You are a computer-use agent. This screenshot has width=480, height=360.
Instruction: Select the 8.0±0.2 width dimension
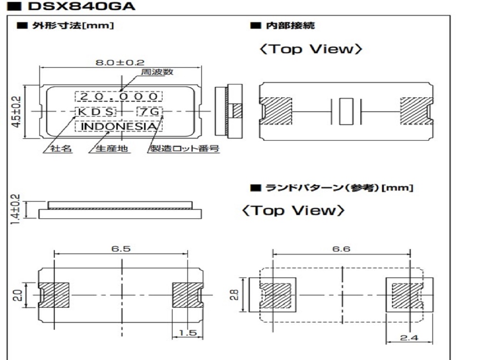tap(120, 61)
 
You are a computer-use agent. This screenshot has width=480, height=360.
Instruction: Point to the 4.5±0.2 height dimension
tap(16, 111)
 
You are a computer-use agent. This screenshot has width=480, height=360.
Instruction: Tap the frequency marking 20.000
tap(119, 96)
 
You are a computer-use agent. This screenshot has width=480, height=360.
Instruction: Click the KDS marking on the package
tap(95, 112)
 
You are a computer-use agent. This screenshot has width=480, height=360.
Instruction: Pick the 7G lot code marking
tap(149, 112)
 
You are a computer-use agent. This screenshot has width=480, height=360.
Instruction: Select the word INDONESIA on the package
tap(119, 126)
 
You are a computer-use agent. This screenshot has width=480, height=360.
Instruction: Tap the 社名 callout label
tap(62, 149)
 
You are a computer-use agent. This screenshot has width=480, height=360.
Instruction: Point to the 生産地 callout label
tap(112, 149)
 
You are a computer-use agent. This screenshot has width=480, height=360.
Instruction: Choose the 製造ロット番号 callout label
tap(185, 149)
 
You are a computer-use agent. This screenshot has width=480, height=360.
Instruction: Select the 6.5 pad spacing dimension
tap(121, 249)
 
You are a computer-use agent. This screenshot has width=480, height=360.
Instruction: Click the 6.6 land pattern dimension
tap(341, 249)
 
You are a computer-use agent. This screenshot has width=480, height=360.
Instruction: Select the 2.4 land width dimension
tap(409, 338)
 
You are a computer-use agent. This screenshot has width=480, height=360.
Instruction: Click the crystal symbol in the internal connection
tap(345, 111)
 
